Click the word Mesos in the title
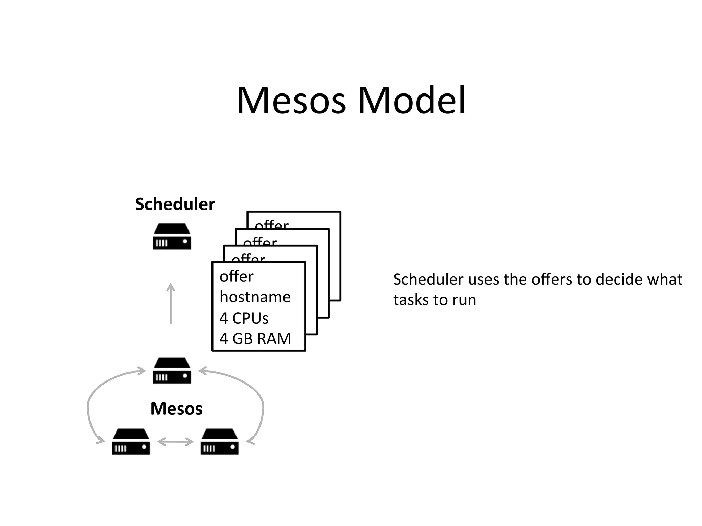pyautogui.click(x=291, y=101)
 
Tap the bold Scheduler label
pyautogui.click(x=175, y=204)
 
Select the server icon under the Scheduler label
pyautogui.click(x=172, y=236)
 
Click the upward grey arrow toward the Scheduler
pyautogui.click(x=171, y=303)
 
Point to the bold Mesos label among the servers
pyautogui.click(x=176, y=409)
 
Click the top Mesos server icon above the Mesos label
pyautogui.click(x=172, y=371)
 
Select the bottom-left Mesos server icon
pyautogui.click(x=131, y=442)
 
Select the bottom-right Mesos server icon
pyautogui.click(x=219, y=442)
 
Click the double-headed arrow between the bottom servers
pyautogui.click(x=175, y=442)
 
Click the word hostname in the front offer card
pyautogui.click(x=255, y=297)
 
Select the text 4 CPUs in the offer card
pyautogui.click(x=244, y=318)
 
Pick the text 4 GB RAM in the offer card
pyautogui.click(x=255, y=339)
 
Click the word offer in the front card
pyautogui.click(x=237, y=276)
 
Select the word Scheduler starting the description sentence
pyautogui.click(x=428, y=279)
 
